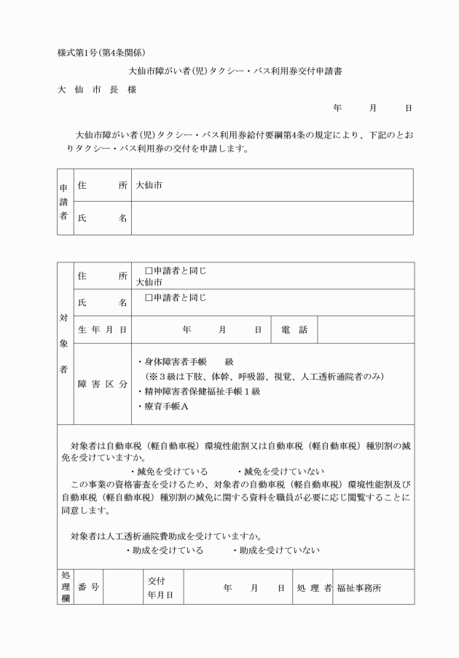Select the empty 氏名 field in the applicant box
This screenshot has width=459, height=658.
coord(272,218)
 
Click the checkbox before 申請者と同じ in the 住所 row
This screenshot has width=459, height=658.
coord(149,271)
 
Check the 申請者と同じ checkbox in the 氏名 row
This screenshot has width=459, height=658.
coord(149,297)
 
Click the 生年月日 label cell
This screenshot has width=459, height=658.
coord(102,330)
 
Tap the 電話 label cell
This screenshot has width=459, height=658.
coord(294,330)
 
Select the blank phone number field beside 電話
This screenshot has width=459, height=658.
coord(366,330)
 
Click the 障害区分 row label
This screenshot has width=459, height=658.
coord(102,384)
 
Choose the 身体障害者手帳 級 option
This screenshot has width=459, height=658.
coord(186,361)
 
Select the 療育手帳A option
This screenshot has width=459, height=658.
coord(163,407)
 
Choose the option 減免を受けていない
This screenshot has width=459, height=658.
coord(280,471)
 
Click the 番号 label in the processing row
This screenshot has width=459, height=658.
coord(88,587)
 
